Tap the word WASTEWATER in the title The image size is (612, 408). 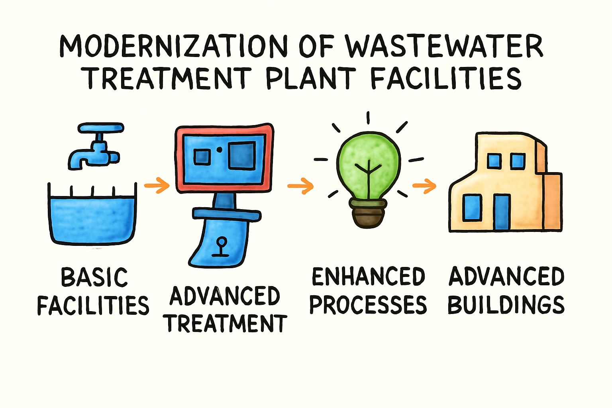pyautogui.click(x=443, y=47)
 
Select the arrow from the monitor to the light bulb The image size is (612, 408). pyautogui.click(x=300, y=186)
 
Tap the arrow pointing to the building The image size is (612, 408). pyautogui.click(x=424, y=186)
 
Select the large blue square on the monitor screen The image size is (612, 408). pyautogui.click(x=242, y=155)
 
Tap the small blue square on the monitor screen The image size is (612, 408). pyautogui.click(x=201, y=157)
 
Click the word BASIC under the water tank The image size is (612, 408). pyautogui.click(x=94, y=277)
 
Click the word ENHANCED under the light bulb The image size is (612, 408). pyautogui.click(x=368, y=277)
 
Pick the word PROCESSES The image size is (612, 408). pyautogui.click(x=368, y=305)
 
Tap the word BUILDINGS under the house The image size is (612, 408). pyautogui.click(x=506, y=305)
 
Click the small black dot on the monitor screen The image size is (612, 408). pyautogui.click(x=219, y=149)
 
